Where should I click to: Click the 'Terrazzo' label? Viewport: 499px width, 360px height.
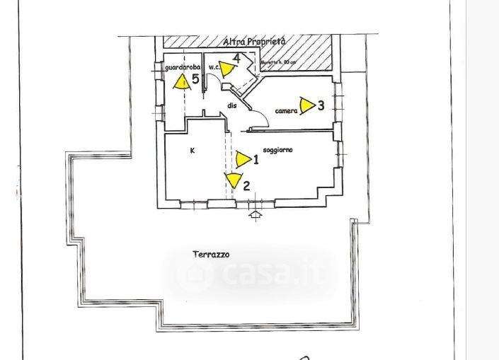click(x=211, y=255)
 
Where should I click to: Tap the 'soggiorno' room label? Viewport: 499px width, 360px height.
click(x=277, y=150)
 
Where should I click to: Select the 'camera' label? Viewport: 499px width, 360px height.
click(x=286, y=111)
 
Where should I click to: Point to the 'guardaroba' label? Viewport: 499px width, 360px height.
click(x=183, y=67)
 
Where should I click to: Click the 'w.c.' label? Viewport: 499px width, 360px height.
click(x=213, y=66)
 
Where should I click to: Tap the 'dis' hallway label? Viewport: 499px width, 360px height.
click(x=231, y=105)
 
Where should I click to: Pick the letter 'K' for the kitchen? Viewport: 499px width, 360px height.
click(x=192, y=151)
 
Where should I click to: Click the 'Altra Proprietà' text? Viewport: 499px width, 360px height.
click(x=254, y=42)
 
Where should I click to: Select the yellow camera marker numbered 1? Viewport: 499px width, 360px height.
click(x=243, y=159)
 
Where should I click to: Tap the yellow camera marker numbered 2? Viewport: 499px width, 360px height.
click(x=233, y=180)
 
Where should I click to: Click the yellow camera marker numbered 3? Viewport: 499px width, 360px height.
click(x=306, y=106)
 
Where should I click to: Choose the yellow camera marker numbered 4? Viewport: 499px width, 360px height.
click(x=226, y=69)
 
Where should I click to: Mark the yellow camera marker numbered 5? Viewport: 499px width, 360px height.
click(x=182, y=81)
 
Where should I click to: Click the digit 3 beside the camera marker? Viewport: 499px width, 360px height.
click(x=321, y=105)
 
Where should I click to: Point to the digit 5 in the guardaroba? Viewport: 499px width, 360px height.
click(x=195, y=80)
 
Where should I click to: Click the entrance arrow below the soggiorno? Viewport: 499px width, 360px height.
click(x=256, y=215)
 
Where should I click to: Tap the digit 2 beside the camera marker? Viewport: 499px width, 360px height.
click(x=246, y=186)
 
